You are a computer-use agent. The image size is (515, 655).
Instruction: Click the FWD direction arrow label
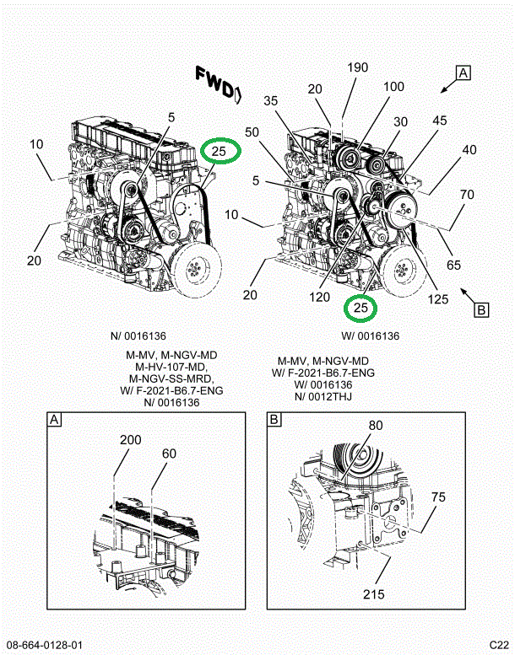click(218, 84)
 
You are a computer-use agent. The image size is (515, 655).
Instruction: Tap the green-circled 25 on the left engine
click(220, 151)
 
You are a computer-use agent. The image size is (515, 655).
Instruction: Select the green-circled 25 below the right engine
click(360, 308)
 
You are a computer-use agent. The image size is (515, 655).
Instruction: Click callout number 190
click(358, 67)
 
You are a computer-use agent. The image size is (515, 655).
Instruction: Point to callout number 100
click(393, 87)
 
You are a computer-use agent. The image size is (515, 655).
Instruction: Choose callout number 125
click(438, 299)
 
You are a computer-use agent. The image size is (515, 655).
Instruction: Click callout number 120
click(319, 297)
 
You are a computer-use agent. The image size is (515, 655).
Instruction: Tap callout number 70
click(467, 195)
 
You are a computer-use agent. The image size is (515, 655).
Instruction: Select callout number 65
click(453, 265)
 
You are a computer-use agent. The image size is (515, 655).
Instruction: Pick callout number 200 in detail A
click(131, 439)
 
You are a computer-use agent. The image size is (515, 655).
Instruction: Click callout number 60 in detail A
click(169, 454)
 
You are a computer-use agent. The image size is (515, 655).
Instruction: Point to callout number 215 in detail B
click(374, 594)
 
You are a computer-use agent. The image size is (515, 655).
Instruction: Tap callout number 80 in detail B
click(375, 425)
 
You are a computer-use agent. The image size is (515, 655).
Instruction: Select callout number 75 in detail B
click(438, 497)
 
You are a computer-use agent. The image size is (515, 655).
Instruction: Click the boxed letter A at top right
click(463, 73)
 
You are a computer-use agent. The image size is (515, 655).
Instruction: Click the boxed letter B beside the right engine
click(481, 310)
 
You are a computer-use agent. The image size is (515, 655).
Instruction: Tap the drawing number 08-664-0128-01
click(45, 645)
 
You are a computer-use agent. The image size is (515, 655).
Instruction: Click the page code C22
click(499, 645)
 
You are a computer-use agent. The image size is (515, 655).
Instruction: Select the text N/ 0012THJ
click(323, 396)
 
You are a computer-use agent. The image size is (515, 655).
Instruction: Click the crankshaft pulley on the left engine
click(196, 270)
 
